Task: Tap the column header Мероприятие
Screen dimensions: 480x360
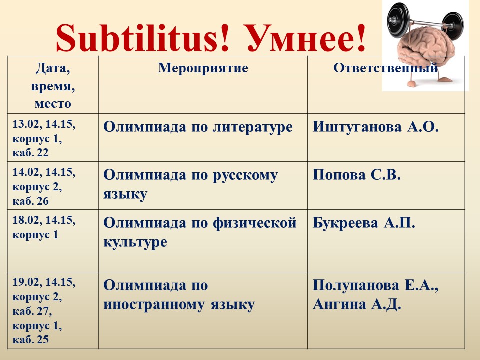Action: point(203,68)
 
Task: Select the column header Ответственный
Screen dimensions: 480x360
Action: point(385,68)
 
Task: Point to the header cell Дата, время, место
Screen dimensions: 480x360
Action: point(53,85)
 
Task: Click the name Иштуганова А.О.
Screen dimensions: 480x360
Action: point(376,127)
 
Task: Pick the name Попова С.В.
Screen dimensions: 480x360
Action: point(357,175)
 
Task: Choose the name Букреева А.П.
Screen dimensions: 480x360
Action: point(364,223)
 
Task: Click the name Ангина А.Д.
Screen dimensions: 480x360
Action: point(357,304)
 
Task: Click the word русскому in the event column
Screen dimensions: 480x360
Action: point(245,175)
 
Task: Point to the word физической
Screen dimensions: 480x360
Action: point(254,223)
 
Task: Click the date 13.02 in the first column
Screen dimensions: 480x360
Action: point(26,124)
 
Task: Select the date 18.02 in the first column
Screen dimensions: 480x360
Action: point(26,220)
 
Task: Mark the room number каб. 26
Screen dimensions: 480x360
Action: point(30,201)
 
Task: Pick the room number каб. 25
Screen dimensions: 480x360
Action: point(30,340)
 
